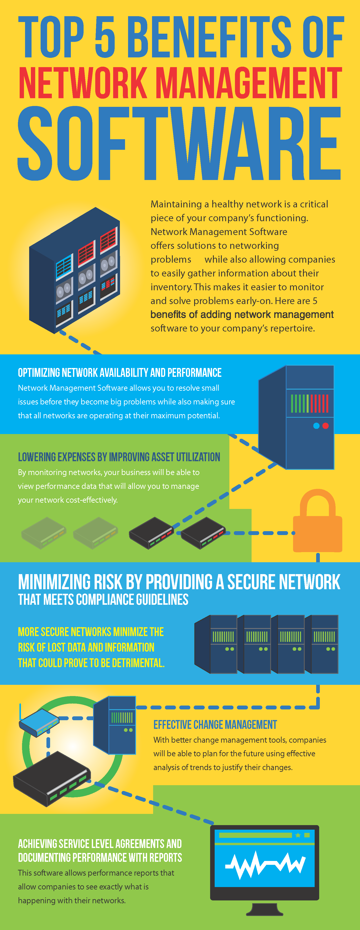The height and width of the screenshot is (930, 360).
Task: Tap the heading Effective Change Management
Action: pyautogui.click(x=215, y=725)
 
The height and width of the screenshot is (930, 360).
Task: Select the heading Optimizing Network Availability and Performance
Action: pyautogui.click(x=120, y=373)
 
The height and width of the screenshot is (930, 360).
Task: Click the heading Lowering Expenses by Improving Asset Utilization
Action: pyautogui.click(x=119, y=457)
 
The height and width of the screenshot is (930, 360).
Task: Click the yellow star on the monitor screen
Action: pyautogui.click(x=298, y=835)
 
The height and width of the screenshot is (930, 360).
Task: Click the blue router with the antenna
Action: pyautogui.click(x=39, y=722)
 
